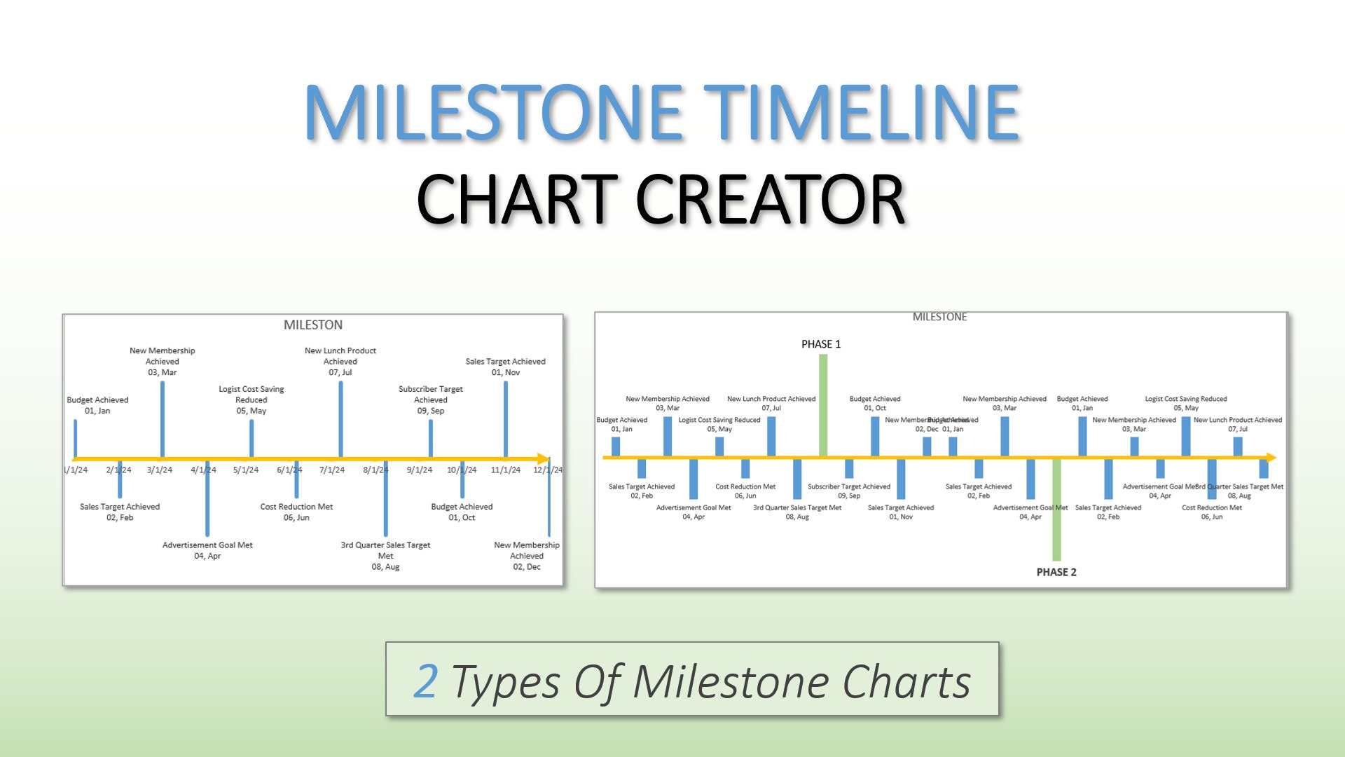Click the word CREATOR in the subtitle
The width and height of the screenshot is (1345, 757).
(771, 200)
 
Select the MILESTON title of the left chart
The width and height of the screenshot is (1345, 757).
(313, 325)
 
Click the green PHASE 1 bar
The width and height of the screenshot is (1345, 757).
(823, 405)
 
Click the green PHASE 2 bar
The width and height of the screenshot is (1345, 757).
(1056, 510)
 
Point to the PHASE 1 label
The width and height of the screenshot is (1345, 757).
(821, 344)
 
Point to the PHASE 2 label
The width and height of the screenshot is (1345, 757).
(1056, 572)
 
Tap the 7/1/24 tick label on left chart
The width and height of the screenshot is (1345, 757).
(332, 470)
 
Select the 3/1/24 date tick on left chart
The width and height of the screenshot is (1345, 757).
(160, 470)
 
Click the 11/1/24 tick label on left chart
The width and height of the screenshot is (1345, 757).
(506, 470)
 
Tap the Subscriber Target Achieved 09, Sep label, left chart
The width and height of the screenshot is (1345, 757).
(431, 400)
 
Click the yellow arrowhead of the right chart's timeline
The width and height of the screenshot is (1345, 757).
(1271, 458)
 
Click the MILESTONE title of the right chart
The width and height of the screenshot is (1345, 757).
(939, 318)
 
